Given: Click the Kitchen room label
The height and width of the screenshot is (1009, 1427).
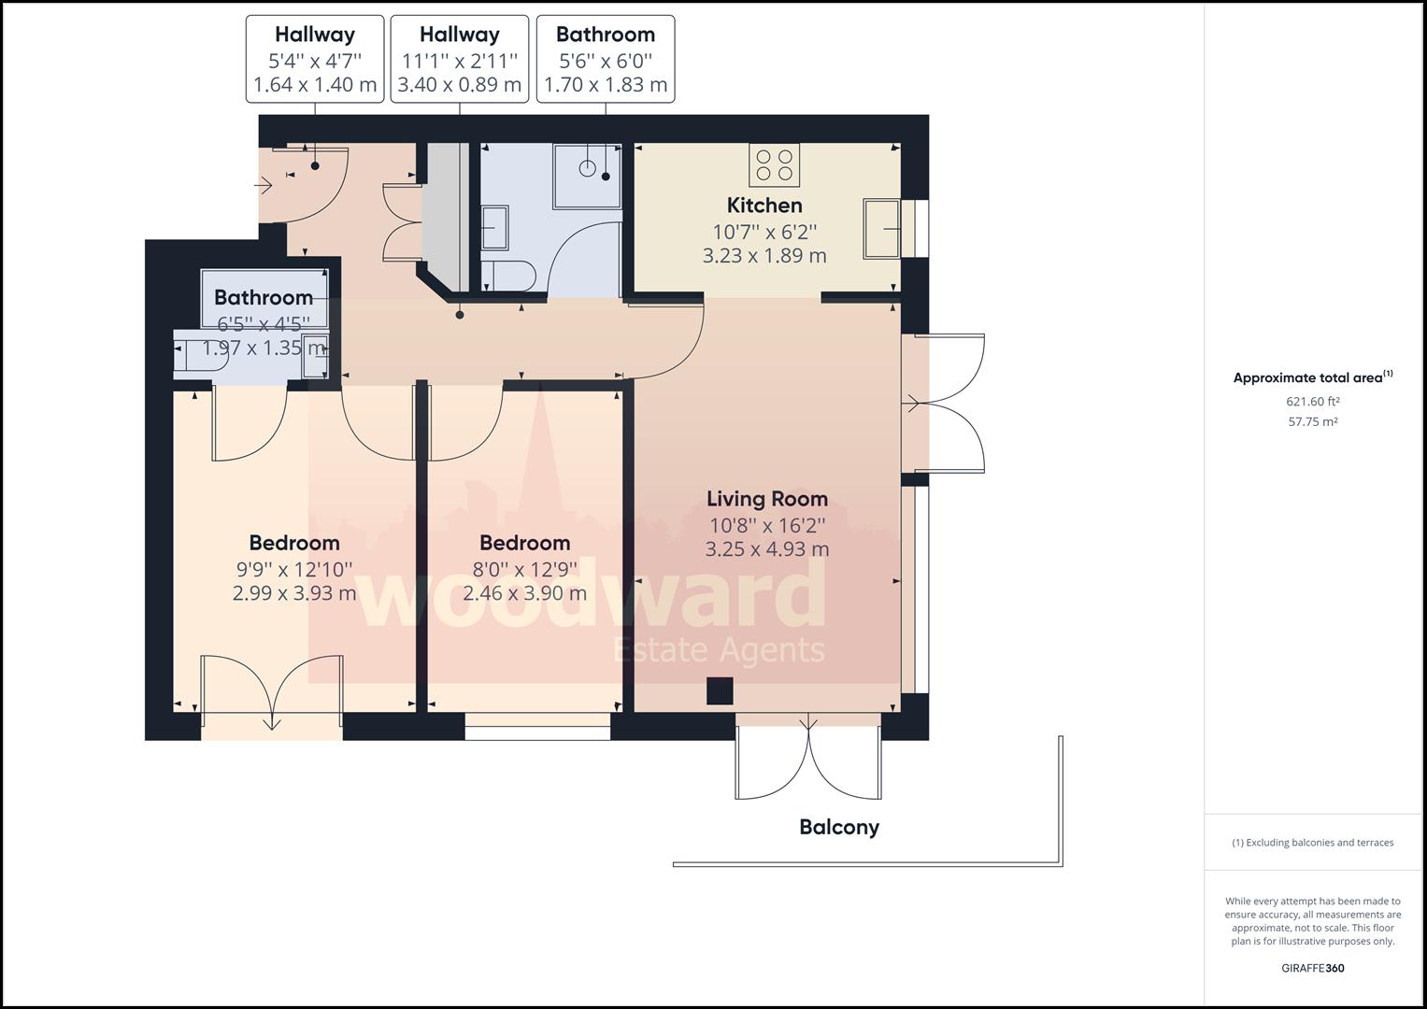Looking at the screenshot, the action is (x=764, y=206).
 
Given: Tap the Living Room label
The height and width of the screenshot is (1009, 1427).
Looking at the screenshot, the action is (x=767, y=499).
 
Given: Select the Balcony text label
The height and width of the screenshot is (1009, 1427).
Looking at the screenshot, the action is (x=839, y=828).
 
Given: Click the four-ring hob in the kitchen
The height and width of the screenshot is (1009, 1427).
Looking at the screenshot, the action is (x=775, y=165).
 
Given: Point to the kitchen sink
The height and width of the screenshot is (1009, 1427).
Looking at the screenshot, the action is (x=881, y=229).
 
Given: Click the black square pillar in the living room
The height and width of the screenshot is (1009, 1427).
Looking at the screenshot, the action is (x=720, y=691).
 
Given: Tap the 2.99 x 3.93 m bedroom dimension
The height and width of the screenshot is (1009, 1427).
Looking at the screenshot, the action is (x=294, y=593).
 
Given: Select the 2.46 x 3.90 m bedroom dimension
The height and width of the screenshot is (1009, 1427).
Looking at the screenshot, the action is (x=524, y=593).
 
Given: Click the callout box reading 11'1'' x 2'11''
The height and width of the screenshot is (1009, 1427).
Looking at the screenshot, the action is (x=460, y=59).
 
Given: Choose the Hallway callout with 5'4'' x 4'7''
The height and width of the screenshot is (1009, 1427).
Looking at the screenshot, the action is (x=315, y=59).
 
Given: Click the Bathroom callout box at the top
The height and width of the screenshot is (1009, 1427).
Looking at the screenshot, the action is (x=606, y=59).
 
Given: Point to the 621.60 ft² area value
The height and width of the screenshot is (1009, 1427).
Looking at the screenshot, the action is (x=1312, y=402).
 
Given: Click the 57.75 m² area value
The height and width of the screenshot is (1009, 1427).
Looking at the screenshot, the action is (x=1312, y=421).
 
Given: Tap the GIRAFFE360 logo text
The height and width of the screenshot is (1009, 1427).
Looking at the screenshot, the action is (x=1312, y=968).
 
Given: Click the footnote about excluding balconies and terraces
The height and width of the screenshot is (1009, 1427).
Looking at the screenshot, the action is (x=1312, y=843).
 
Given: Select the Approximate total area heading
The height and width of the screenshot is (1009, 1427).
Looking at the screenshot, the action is (x=1312, y=377).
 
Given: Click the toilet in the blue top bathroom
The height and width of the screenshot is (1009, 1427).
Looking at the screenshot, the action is (x=509, y=276).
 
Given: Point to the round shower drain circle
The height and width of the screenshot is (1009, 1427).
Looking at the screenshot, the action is (x=587, y=168).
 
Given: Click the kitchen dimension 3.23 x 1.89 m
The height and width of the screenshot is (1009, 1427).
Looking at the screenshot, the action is (x=764, y=256).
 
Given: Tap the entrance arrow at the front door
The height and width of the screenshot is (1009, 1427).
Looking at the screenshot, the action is (x=264, y=186).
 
